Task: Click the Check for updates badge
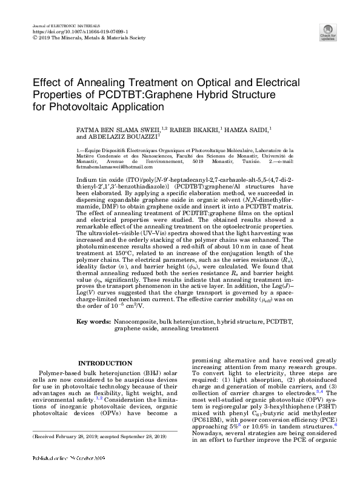[328, 32]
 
